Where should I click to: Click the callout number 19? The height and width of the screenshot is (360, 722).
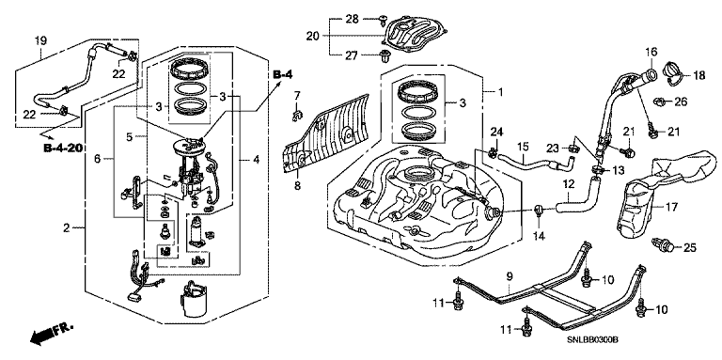[x=40, y=40]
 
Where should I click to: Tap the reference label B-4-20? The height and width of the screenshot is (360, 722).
[x=62, y=149]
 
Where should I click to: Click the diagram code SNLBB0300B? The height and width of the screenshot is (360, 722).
[x=592, y=339]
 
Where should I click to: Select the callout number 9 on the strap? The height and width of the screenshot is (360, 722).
[x=510, y=276]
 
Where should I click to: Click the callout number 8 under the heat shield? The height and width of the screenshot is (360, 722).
[x=297, y=186]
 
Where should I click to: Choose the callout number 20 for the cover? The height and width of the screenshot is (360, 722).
[x=313, y=36]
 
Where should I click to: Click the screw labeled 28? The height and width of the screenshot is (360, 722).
[x=383, y=19]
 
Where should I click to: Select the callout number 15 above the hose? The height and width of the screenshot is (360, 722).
[x=522, y=148]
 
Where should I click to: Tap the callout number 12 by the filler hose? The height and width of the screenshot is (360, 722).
[x=568, y=184]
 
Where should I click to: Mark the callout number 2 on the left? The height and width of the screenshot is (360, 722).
[x=67, y=227]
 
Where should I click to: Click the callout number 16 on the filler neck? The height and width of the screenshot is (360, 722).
[x=651, y=51]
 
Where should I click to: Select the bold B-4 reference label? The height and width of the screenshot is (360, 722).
[x=283, y=74]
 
